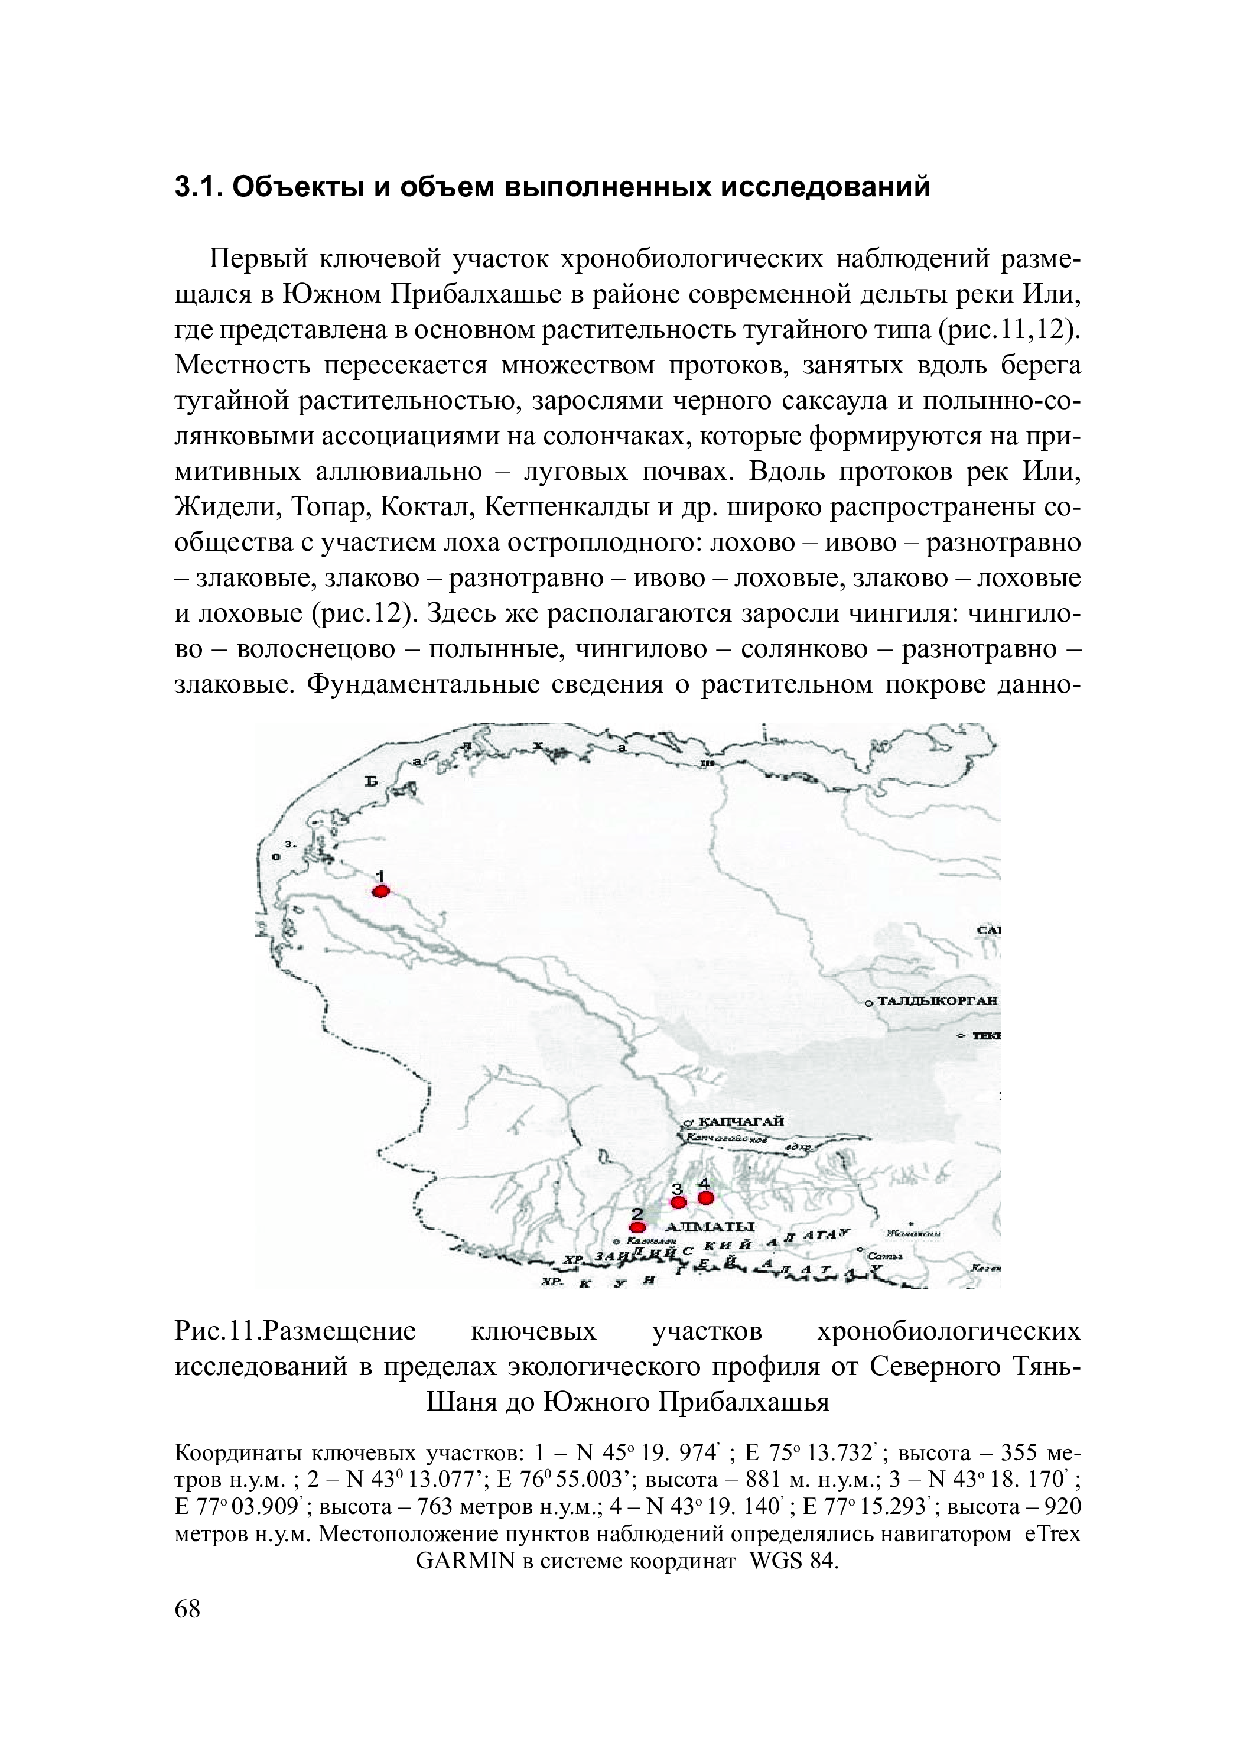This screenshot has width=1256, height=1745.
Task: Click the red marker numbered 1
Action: [x=380, y=891]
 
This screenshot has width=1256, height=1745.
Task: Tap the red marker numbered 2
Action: [x=637, y=1227]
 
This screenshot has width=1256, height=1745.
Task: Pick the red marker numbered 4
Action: [x=705, y=1198]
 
